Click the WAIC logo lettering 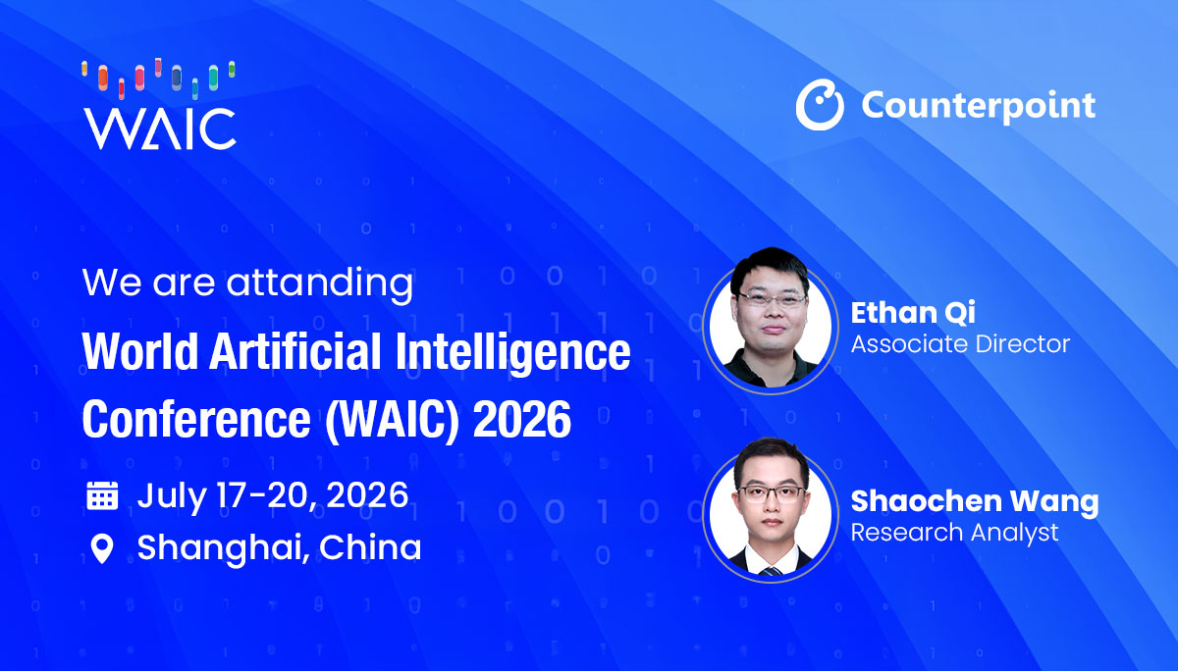tap(160, 129)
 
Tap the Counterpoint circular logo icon tap(820, 105)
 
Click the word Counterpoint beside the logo tap(978, 106)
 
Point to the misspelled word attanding tap(320, 284)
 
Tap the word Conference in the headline tap(196, 419)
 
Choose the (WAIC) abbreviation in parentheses tap(393, 421)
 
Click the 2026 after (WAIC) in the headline tap(521, 419)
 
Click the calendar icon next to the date tap(102, 495)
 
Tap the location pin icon tap(102, 549)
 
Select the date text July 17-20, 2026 tap(273, 496)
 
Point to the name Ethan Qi tap(913, 313)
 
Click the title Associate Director tap(960, 344)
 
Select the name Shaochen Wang tap(975, 501)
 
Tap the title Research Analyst tap(954, 533)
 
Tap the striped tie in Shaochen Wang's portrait tap(771, 571)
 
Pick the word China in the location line tap(370, 547)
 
